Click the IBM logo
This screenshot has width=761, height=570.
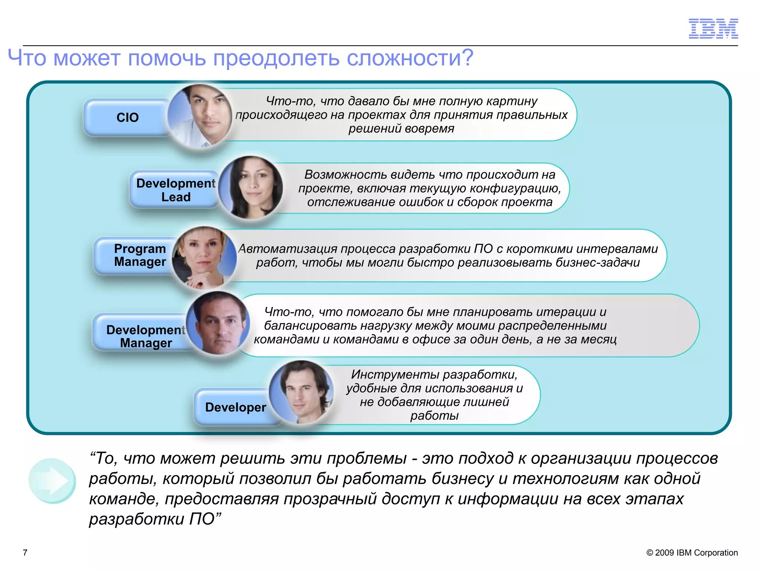(x=713, y=29)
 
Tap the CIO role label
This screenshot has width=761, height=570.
(x=127, y=118)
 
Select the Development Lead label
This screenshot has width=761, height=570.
(x=175, y=190)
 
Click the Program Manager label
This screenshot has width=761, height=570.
(x=140, y=255)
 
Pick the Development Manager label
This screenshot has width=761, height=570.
(x=146, y=336)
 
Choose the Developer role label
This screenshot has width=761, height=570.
(x=235, y=407)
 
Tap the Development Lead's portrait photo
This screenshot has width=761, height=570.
(x=251, y=187)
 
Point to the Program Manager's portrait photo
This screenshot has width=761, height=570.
(x=204, y=258)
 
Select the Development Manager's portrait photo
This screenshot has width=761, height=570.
(x=218, y=323)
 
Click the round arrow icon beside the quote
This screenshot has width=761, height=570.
(x=52, y=481)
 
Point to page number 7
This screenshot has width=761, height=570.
(x=25, y=553)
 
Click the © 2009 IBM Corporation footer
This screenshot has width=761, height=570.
(x=692, y=553)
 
